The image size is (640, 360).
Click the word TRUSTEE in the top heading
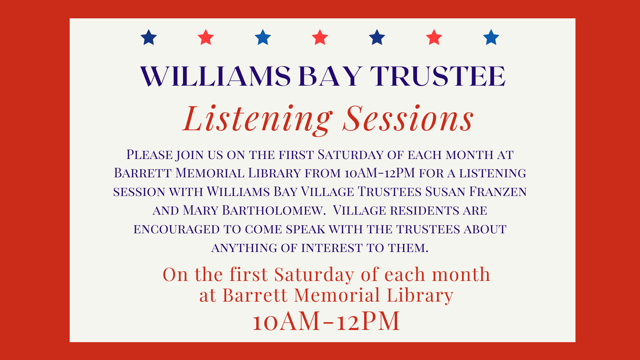tap(438, 76)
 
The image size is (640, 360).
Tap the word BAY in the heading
tap(330, 76)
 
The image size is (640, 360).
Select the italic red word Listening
tap(258, 119)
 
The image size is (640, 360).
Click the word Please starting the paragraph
tap(149, 155)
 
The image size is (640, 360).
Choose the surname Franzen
tap(498, 192)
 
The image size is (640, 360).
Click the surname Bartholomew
tap(274, 210)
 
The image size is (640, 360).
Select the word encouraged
tap(177, 229)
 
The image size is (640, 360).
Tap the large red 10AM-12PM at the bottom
tap(326, 321)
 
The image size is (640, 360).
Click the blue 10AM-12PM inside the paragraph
tap(380, 173)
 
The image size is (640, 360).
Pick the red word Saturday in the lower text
tap(314, 274)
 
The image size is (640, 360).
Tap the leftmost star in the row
tap(149, 37)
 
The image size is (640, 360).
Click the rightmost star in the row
tap(491, 37)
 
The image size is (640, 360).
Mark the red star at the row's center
tap(320, 37)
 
